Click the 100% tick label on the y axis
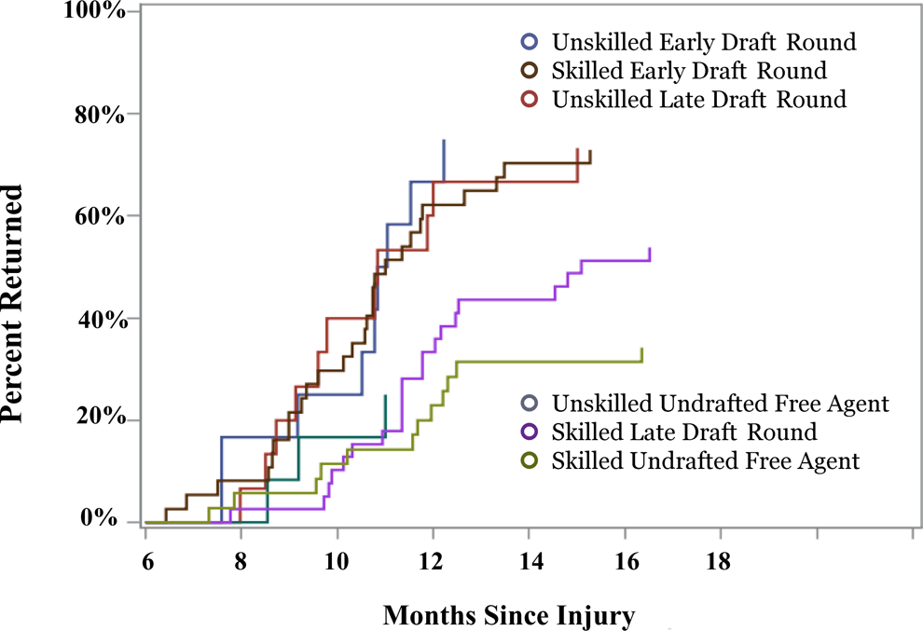94,10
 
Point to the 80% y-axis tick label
100,115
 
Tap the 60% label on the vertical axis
100,216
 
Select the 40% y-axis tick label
103,321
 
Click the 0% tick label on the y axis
99,518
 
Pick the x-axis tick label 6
147,561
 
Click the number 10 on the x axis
337,561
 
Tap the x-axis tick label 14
531,561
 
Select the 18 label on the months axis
718,561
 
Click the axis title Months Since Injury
509,616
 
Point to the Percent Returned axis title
12,303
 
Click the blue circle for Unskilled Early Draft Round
530,41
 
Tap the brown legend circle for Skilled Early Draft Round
530,70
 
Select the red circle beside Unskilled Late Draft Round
530,99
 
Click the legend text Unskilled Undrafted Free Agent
721,404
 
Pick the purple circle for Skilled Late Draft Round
530,432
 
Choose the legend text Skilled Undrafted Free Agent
706,460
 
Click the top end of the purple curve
650,249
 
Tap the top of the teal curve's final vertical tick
386,395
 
